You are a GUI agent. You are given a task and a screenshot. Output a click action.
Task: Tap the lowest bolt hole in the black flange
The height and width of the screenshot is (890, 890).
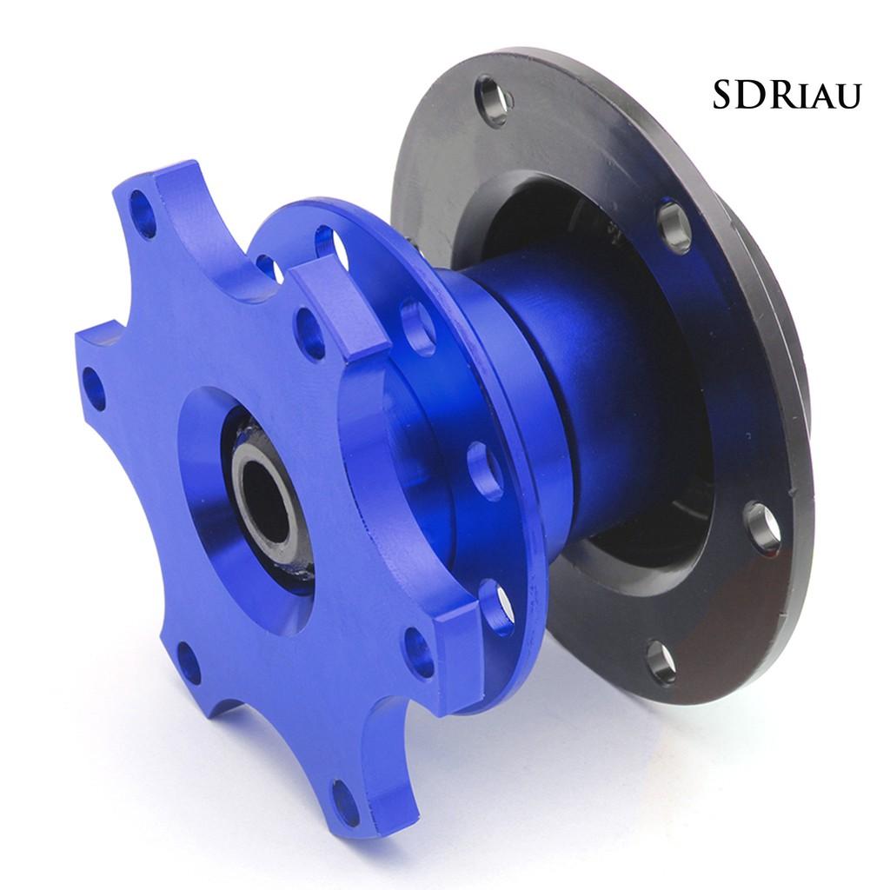coord(661,661)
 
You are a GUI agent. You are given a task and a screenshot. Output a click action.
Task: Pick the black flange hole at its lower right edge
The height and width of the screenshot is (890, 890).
coord(763,525)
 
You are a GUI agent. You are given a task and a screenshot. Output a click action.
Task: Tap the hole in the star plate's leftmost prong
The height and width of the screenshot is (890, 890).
coord(94,389)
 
